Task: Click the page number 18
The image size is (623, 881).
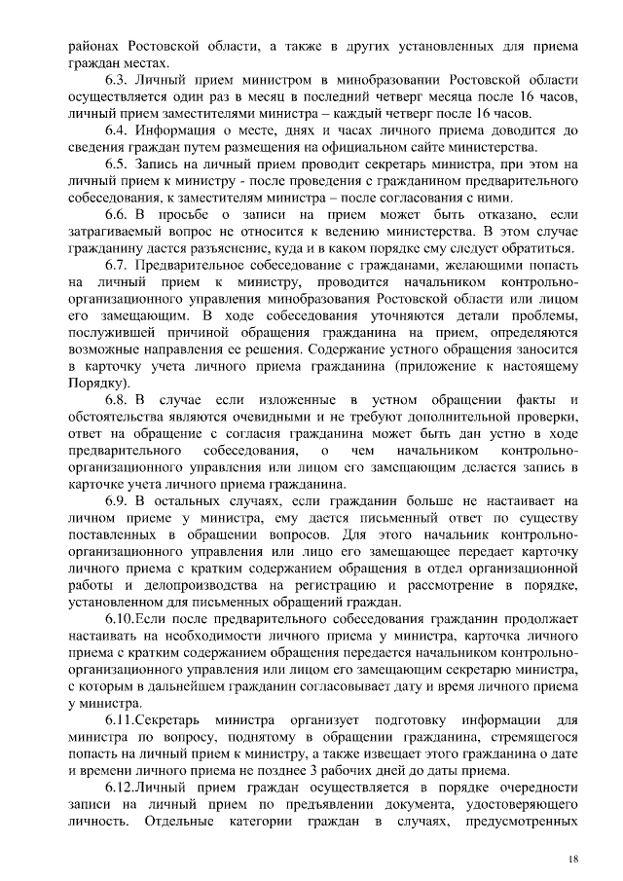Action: pyautogui.click(x=572, y=859)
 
